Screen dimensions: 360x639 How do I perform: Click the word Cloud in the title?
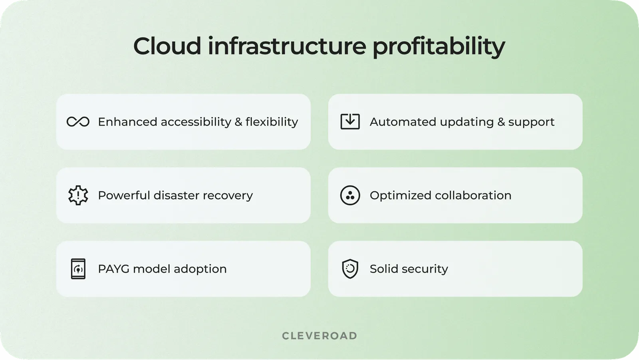pos(167,46)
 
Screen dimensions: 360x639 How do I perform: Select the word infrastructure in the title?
pos(287,46)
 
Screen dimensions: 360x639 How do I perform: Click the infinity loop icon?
pos(78,122)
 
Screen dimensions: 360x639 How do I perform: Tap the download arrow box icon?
pos(350,121)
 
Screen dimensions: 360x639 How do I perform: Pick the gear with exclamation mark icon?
pos(78,195)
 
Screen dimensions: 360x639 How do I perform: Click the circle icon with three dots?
pos(350,195)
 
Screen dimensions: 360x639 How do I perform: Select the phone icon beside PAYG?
pos(78,269)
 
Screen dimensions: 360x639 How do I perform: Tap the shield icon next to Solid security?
pos(350,269)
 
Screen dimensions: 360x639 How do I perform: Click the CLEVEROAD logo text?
pos(319,336)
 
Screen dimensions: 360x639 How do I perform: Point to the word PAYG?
pos(113,269)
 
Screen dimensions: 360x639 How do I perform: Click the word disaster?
pos(176,195)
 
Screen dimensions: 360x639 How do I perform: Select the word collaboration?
pos(473,195)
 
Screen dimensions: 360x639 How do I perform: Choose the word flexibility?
pos(272,122)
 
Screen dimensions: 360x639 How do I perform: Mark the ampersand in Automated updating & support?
pos(501,122)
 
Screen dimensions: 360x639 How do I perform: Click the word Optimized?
pos(400,195)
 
